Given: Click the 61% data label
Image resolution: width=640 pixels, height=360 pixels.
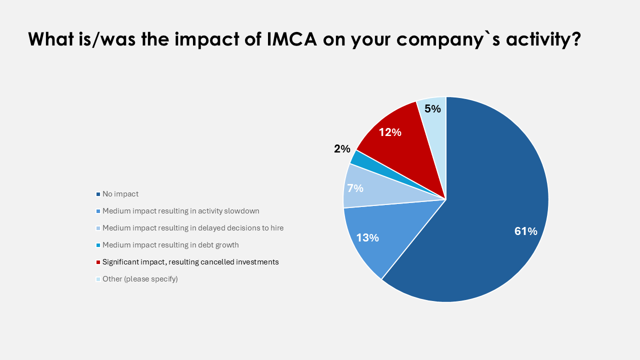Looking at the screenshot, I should tap(525, 231).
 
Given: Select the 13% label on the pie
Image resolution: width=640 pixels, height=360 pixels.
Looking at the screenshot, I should tap(367, 237).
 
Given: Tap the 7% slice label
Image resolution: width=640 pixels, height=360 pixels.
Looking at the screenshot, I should tap(355, 188).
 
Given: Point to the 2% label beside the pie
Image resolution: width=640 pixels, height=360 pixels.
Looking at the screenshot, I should tap(342, 148).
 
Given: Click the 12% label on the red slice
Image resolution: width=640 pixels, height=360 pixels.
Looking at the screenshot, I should tap(390, 132).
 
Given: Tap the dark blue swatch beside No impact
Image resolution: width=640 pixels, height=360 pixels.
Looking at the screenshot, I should tap(98, 194).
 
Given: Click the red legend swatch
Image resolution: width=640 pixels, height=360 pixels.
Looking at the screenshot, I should tap(98, 262).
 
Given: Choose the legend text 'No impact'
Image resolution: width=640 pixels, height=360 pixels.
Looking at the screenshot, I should tap(120, 194).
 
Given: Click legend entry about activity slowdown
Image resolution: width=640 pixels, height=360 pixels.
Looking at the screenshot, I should tap(181, 211).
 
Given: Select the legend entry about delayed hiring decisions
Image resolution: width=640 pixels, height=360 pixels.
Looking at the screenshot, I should tap(193, 228).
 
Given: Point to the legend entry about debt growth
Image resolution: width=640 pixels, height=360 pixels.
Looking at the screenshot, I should tap(170, 245).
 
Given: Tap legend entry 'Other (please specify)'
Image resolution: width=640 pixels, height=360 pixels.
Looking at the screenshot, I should tap(140, 279).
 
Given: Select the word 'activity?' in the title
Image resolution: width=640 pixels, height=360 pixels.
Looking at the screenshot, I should tap(543, 39).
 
